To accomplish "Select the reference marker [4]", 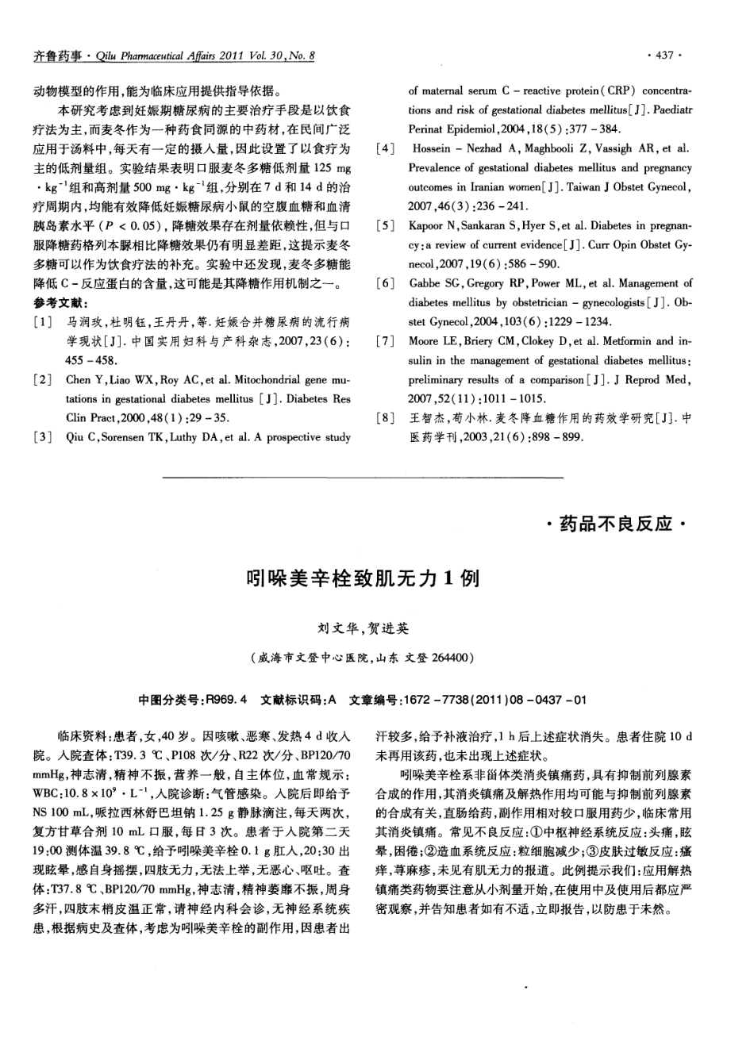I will click(x=385, y=149).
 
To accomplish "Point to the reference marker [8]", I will click(x=385, y=418).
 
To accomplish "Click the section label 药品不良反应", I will click(x=616, y=524).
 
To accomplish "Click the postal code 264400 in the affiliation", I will click(x=452, y=658).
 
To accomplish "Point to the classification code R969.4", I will click(x=226, y=701).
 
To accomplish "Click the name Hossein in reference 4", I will click(x=433, y=149).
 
